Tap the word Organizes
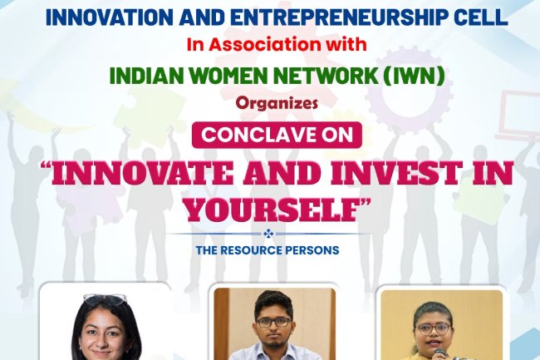[x=268, y=106]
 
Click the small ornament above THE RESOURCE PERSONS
[x=268, y=234]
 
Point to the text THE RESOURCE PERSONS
[x=267, y=249]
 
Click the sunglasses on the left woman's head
[x=106, y=298]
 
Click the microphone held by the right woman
[x=439, y=353]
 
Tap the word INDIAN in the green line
[x=139, y=76]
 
